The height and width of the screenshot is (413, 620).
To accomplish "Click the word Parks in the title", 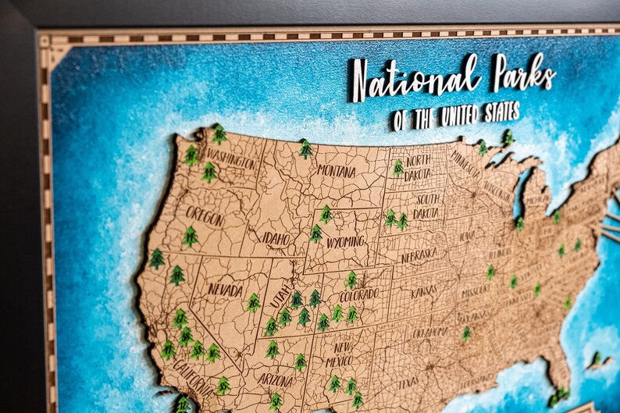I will tap(523, 74).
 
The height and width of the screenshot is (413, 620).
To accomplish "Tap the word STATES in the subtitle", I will tap(501, 112).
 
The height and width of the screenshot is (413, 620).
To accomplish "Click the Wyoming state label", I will tap(344, 242).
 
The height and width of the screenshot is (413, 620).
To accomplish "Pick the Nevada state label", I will tap(225, 289).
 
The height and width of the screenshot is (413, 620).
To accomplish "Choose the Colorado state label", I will tap(358, 295).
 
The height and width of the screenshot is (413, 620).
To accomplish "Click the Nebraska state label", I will tap(419, 255).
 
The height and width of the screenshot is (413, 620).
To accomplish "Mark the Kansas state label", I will tap(424, 292).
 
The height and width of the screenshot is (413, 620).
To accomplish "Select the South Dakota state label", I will tap(427, 206).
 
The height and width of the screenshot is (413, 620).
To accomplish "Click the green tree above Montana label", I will tap(305, 148).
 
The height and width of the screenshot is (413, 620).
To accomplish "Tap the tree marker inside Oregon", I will tap(190, 237).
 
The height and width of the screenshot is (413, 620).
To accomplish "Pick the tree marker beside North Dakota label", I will tap(397, 168).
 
